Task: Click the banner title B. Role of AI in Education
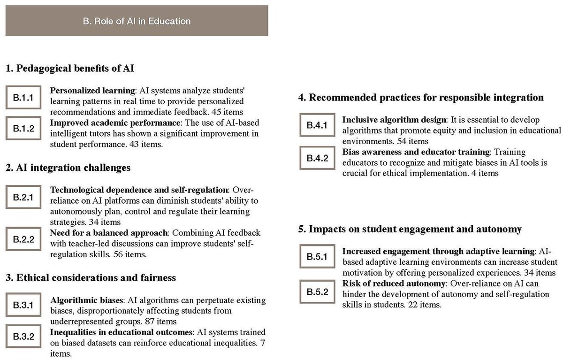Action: coord(137,21)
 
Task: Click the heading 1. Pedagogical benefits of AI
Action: coord(70,69)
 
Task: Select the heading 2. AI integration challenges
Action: coord(68,168)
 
